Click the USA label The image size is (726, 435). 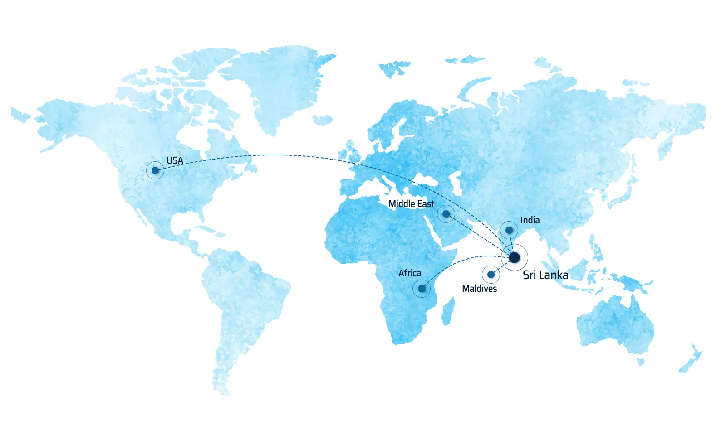(x=175, y=160)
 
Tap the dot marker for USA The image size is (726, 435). (x=155, y=170)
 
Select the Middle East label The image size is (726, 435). (x=411, y=204)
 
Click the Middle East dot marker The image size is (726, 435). (x=446, y=213)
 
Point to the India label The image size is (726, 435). (x=530, y=220)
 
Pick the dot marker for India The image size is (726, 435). (x=509, y=230)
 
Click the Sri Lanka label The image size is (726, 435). (x=545, y=275)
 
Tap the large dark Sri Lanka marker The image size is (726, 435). (x=514, y=257)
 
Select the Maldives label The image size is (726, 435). (x=479, y=289)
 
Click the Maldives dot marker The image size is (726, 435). (x=491, y=275)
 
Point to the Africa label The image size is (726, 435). (x=410, y=273)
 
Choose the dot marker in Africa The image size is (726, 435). (x=422, y=289)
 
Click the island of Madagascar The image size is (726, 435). (x=448, y=311)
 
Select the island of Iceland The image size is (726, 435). (x=323, y=120)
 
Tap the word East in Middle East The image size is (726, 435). (x=426, y=204)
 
